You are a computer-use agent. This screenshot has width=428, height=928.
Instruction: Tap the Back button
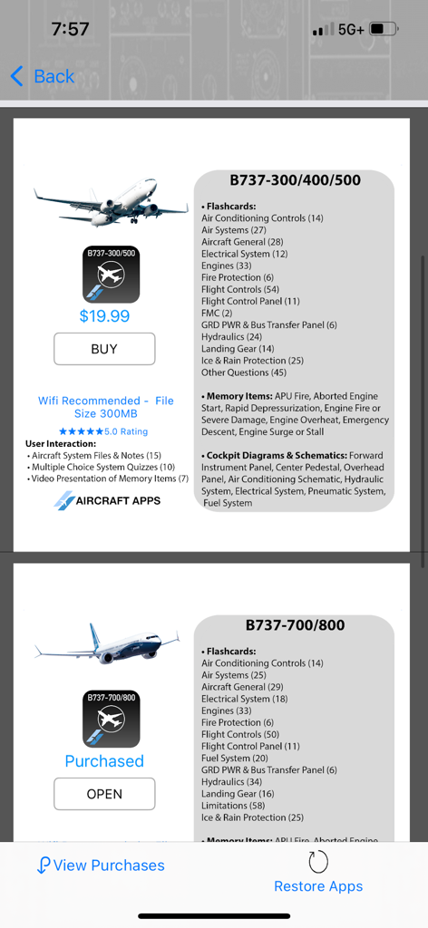(43, 76)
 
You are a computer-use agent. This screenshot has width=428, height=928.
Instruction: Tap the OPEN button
(104, 794)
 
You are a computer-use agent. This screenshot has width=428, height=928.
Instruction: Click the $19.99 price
(104, 315)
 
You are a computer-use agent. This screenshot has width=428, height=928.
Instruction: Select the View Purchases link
(101, 865)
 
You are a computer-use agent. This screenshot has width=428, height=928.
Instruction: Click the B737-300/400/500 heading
(295, 179)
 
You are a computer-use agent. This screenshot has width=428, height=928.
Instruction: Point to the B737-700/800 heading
(295, 624)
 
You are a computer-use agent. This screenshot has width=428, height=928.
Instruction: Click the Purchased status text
(104, 761)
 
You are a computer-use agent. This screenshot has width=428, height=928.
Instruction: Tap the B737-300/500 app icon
(112, 273)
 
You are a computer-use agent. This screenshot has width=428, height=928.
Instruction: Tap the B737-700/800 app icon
(112, 718)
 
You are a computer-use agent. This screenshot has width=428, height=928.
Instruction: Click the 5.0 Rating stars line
(103, 431)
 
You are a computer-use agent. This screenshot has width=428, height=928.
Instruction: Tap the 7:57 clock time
(70, 29)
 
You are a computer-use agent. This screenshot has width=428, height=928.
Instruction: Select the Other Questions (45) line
(243, 372)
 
